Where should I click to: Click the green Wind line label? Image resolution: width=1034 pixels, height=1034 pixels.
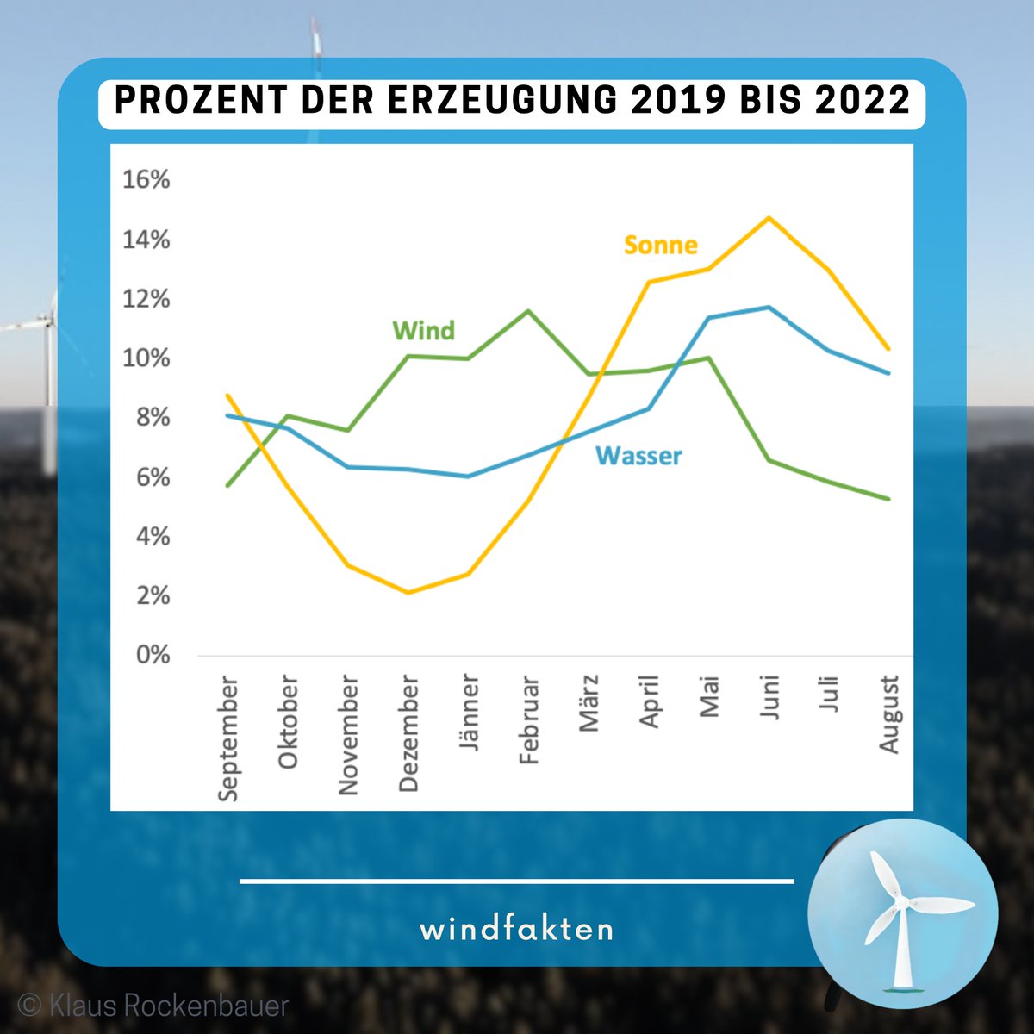423,331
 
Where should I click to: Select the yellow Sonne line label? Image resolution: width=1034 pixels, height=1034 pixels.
660,246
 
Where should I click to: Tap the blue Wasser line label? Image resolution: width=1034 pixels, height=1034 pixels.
638,456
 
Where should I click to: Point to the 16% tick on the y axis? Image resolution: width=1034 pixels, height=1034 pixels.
146,180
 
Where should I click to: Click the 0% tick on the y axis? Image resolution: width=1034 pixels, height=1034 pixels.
153,656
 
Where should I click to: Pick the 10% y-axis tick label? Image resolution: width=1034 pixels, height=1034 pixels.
146,358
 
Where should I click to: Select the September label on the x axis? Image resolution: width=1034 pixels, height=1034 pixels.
228,738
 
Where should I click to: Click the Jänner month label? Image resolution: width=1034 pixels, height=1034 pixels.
469,713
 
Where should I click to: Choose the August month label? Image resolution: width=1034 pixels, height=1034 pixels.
889,714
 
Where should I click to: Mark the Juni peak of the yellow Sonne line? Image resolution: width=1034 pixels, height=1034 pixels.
768,218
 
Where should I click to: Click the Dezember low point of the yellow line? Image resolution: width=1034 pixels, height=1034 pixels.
408,592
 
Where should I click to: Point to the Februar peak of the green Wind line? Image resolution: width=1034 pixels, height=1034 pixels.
528,311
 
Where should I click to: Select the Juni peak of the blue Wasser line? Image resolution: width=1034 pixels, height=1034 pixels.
768,308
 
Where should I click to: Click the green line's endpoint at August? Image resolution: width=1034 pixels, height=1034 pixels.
888,499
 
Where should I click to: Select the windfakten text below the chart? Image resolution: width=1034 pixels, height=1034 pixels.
517,930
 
